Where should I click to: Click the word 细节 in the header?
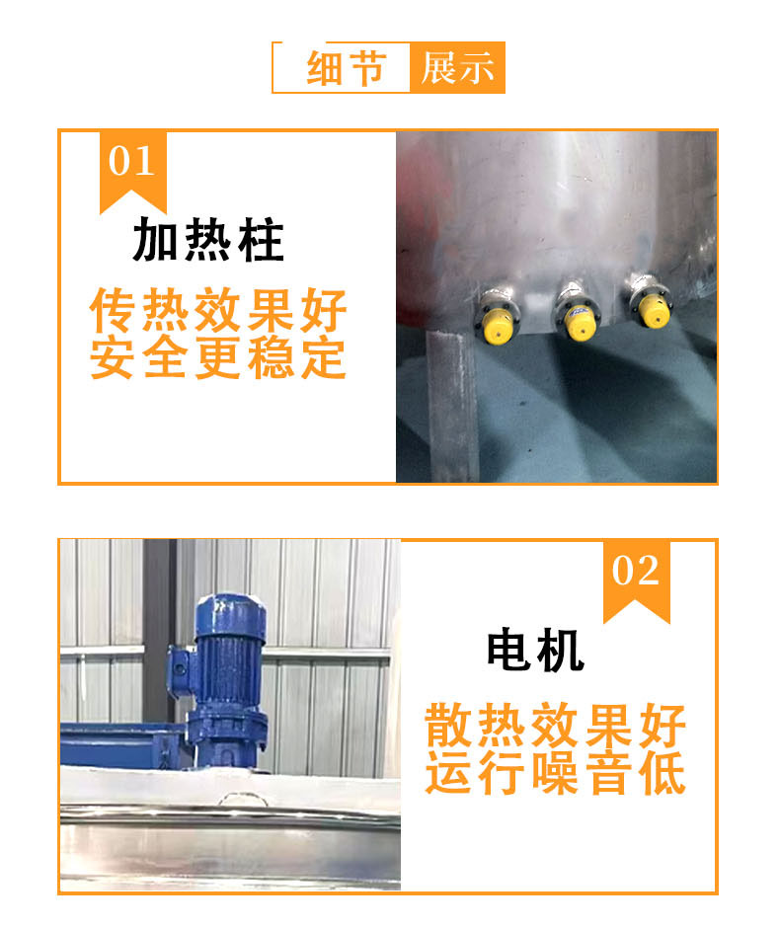pyautogui.click(x=347, y=68)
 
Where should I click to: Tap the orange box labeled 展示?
pyautogui.click(x=457, y=67)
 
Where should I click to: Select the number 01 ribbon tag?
pyautogui.click(x=132, y=172)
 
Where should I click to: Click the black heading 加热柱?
pyautogui.click(x=208, y=239)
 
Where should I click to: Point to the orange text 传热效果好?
pyautogui.click(x=218, y=310)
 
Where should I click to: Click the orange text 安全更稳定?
pyautogui.click(x=218, y=356)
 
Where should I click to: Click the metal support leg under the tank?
pyautogui.click(x=451, y=407)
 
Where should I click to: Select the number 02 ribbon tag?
pyautogui.click(x=636, y=581)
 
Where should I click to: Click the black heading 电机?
pyautogui.click(x=535, y=651)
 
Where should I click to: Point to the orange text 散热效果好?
pyautogui.click(x=555, y=726)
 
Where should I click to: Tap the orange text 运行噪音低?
pyautogui.click(x=555, y=772)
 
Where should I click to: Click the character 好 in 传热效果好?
pyautogui.click(x=324, y=310)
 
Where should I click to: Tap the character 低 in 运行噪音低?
pyautogui.click(x=663, y=772)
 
